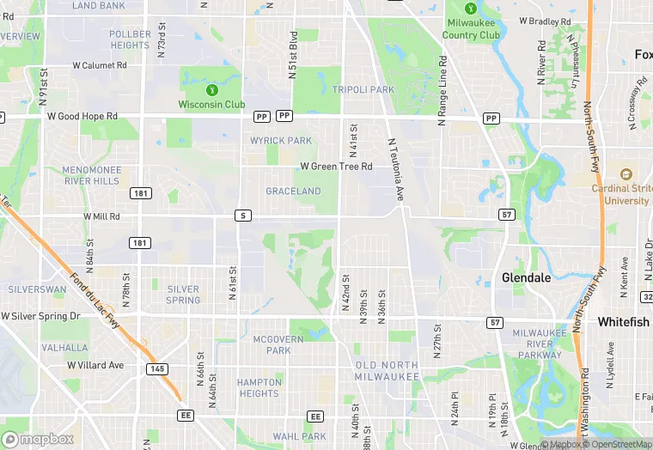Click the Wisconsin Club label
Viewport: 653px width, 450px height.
tap(211, 105)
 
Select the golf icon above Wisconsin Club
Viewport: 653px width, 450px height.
tap(211, 89)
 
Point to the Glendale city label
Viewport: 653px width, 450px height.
tap(527, 278)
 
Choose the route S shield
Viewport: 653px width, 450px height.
tap(244, 216)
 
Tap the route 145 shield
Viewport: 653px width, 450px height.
tap(157, 368)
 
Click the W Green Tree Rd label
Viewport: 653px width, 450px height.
tap(336, 167)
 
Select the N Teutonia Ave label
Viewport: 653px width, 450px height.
tap(396, 171)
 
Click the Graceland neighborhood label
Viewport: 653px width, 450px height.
tap(293, 191)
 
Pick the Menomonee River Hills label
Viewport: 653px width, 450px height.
tap(91, 175)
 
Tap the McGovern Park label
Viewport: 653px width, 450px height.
tap(278, 344)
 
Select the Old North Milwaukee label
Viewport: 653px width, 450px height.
tap(387, 371)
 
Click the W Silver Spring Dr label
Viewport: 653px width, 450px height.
tap(40, 316)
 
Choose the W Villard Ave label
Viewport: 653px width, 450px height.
tap(95, 365)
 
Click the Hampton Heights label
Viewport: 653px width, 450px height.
tap(259, 387)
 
